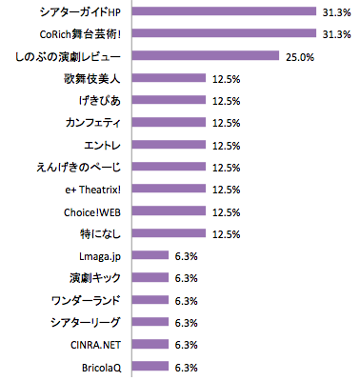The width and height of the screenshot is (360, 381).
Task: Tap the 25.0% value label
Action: tap(299, 56)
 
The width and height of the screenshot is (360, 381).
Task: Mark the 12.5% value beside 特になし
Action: tap(225, 233)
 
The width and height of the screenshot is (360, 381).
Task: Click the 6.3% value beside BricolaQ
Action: tap(186, 366)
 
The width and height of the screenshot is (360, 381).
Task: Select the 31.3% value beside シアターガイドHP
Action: tap(337, 12)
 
